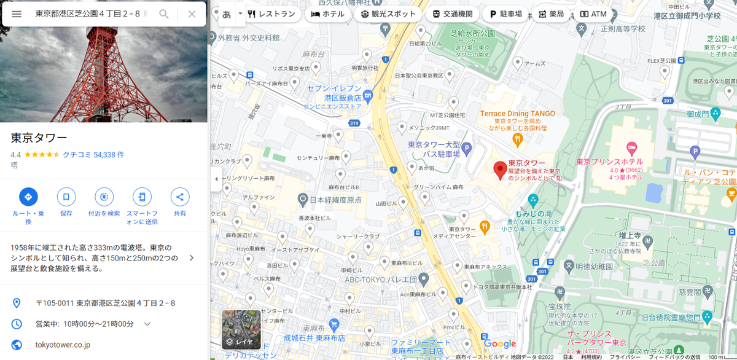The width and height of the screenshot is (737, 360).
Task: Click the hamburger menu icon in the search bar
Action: (17, 14)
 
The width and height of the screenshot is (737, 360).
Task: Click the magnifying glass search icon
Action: (164, 14)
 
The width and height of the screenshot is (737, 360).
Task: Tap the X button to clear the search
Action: (192, 14)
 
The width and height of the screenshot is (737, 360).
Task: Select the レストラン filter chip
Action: (271, 14)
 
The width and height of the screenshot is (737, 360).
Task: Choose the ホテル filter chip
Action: (328, 14)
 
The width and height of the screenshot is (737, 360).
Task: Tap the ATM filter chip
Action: (593, 14)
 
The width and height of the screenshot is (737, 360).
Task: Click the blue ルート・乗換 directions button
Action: (28, 197)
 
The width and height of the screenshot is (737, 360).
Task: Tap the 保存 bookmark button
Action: (66, 197)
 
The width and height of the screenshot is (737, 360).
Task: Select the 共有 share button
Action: (180, 197)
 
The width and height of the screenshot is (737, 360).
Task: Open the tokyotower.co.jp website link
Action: (63, 345)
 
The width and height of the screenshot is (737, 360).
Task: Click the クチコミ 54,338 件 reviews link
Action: (93, 155)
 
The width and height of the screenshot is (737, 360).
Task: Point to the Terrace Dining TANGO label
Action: (517, 114)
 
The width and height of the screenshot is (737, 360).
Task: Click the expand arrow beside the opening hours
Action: (147, 324)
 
